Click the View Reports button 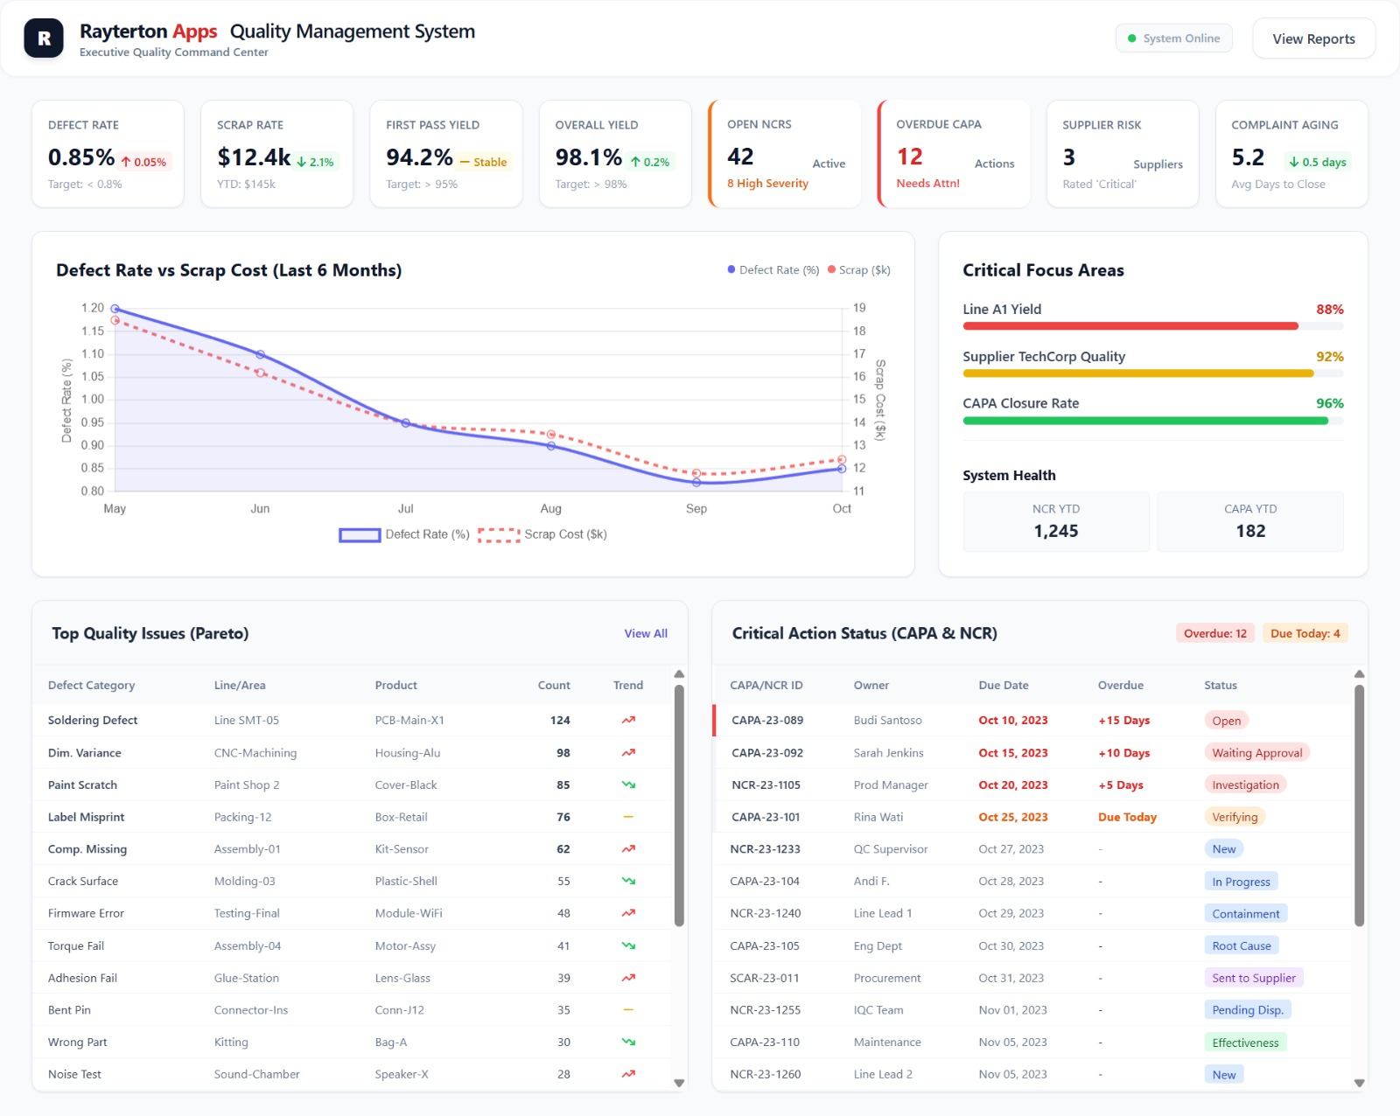[x=1313, y=38]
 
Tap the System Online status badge [x=1173, y=38]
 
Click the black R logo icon [x=44, y=38]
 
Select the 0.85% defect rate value [x=81, y=157]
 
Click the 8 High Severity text [x=767, y=184]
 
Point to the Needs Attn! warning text [x=927, y=184]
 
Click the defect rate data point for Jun [x=260, y=354]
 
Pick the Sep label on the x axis [x=696, y=508]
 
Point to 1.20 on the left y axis [x=92, y=308]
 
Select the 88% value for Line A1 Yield [x=1329, y=310]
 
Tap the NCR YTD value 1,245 [x=1055, y=531]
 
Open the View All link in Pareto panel [x=646, y=633]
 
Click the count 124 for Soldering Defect [x=560, y=721]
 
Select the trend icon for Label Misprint [x=627, y=817]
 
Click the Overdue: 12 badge [x=1214, y=633]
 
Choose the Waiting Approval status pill [x=1256, y=753]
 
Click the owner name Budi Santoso [x=887, y=721]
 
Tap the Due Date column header [x=1003, y=686]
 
